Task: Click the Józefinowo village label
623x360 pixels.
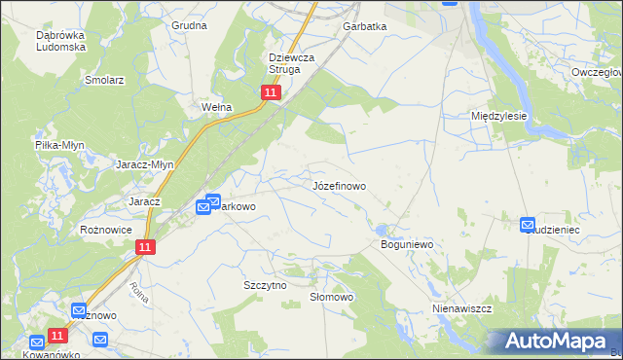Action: click(x=339, y=185)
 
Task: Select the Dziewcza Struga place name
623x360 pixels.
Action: click(x=292, y=63)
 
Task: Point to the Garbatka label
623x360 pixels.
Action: click(x=364, y=27)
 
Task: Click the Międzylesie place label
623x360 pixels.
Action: click(x=498, y=115)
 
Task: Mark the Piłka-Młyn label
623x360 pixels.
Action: click(x=59, y=145)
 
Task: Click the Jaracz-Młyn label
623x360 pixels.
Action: click(x=145, y=164)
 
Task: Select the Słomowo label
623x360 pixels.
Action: click(x=330, y=297)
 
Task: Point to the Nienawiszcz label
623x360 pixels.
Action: click(x=462, y=308)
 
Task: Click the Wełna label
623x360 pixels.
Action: click(x=214, y=107)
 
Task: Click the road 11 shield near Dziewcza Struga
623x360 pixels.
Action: click(x=271, y=92)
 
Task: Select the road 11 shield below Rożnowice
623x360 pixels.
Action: click(x=144, y=248)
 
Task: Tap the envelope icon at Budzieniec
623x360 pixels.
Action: click(x=528, y=225)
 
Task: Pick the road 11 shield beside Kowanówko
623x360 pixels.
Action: click(x=57, y=336)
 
